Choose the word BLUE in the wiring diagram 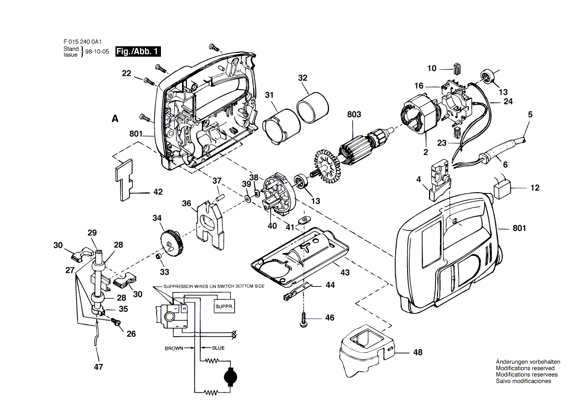pyautogui.click(x=218, y=348)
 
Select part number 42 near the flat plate pyautogui.click(x=145, y=192)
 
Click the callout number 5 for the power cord pyautogui.click(x=530, y=114)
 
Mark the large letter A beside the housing pyautogui.click(x=115, y=119)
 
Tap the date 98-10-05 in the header pyautogui.click(x=97, y=52)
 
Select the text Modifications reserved pyautogui.click(x=525, y=368)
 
